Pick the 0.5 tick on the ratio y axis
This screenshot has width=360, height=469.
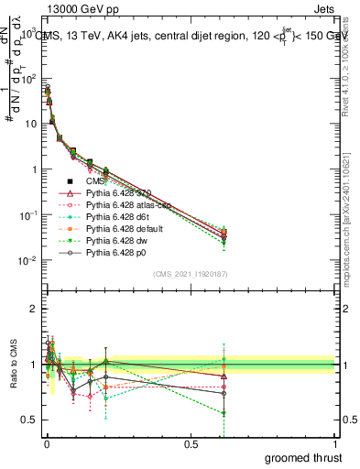pos(30,420)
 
